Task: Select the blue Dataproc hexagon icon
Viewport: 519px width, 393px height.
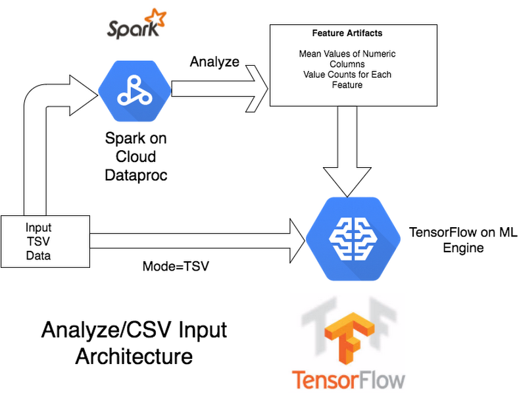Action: pyautogui.click(x=135, y=92)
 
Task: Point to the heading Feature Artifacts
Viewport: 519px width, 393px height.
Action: pyautogui.click(x=347, y=32)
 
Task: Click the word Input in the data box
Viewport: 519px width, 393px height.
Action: pyautogui.click(x=38, y=228)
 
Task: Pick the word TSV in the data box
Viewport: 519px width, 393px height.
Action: pyautogui.click(x=38, y=242)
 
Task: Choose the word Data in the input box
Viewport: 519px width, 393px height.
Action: pyautogui.click(x=38, y=255)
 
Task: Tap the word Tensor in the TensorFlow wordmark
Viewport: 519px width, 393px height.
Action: pyautogui.click(x=322, y=380)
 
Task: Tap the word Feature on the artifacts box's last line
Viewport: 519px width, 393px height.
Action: pyautogui.click(x=347, y=86)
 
